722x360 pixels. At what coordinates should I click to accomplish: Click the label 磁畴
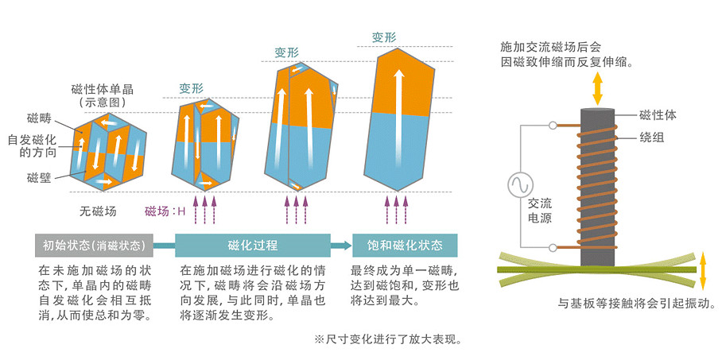38,119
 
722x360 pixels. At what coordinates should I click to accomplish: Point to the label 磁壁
38,176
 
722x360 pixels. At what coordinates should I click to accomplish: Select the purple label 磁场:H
165,211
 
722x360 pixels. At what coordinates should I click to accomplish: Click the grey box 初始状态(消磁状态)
93,244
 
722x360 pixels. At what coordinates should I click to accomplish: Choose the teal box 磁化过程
252,244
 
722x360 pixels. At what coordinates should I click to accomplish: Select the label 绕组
651,137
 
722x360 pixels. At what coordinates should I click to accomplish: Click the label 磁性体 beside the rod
658,115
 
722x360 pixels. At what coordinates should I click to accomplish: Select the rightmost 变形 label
385,37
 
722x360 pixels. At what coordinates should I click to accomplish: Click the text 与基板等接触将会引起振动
637,304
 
